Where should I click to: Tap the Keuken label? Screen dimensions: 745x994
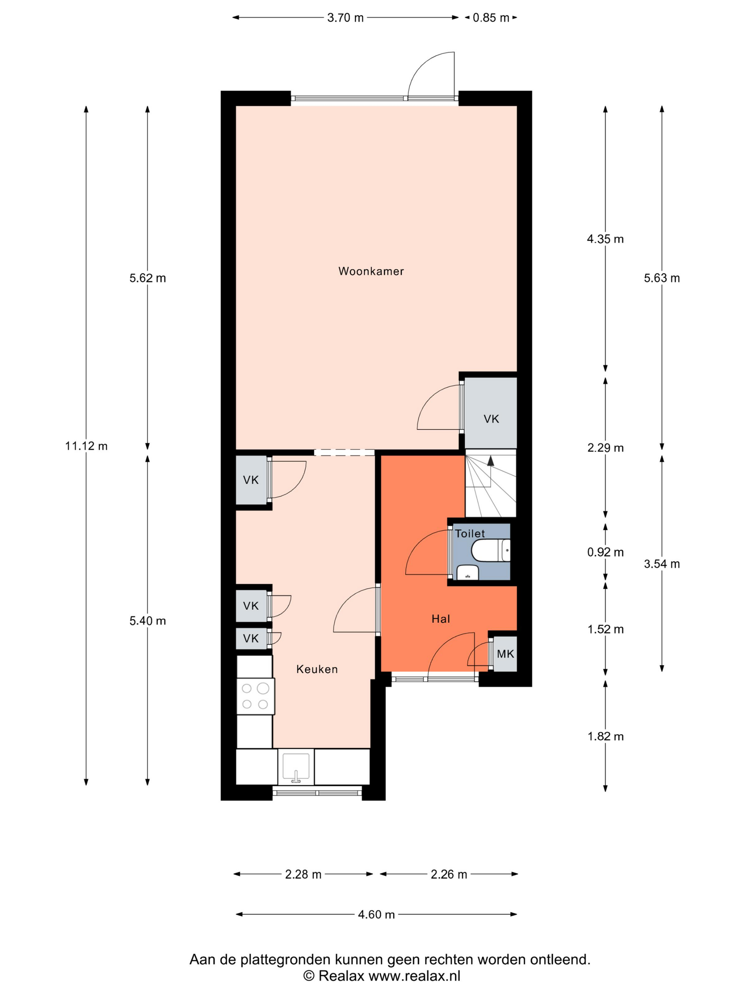tap(317, 669)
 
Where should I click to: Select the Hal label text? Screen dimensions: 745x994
tap(441, 619)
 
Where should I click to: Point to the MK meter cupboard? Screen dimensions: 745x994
tap(505, 654)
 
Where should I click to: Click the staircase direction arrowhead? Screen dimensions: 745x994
tap(490, 460)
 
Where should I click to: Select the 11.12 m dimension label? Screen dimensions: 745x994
tap(86, 446)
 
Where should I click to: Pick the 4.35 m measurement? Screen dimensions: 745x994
tap(605, 239)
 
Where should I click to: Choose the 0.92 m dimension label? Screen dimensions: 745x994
tap(605, 552)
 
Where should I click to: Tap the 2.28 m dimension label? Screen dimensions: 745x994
tap(303, 874)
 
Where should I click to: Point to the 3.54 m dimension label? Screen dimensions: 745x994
tap(662, 564)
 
